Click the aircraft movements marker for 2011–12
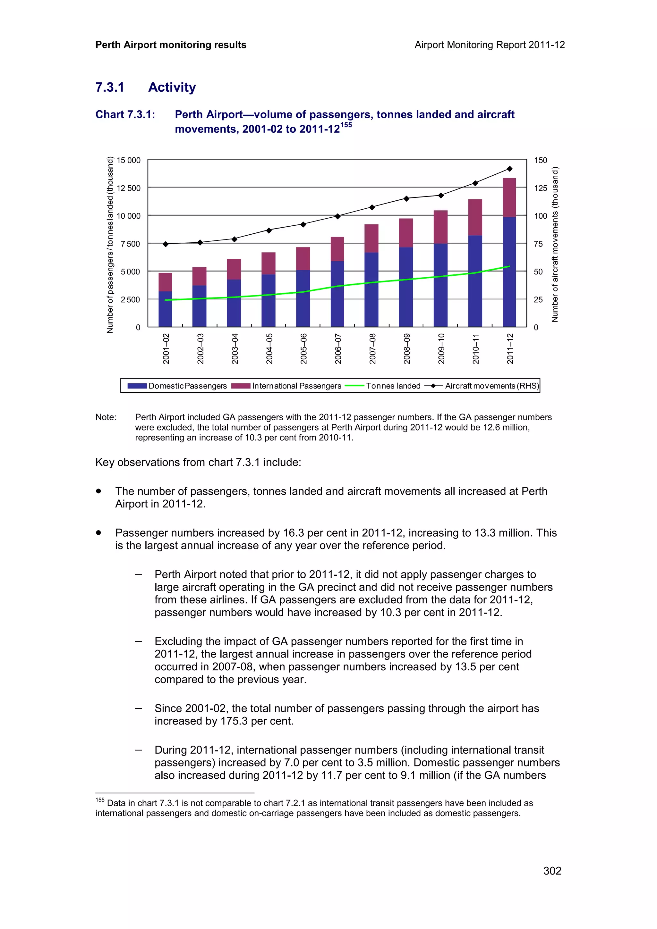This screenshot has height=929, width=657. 510,169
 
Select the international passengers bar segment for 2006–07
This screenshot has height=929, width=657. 337,249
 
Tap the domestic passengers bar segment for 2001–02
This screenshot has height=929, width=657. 165,309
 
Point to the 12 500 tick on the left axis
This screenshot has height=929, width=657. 128,188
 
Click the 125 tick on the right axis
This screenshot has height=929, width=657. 541,188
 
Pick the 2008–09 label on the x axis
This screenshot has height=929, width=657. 407,348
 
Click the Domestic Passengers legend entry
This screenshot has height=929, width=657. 177,386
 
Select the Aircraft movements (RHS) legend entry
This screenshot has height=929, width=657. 482,386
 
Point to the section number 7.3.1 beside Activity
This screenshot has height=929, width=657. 110,88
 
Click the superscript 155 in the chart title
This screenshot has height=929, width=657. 346,125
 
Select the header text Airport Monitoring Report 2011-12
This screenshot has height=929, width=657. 490,45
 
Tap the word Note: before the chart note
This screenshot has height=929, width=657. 106,417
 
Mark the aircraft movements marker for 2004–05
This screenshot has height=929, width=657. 269,230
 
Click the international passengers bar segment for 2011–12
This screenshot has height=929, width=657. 509,197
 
